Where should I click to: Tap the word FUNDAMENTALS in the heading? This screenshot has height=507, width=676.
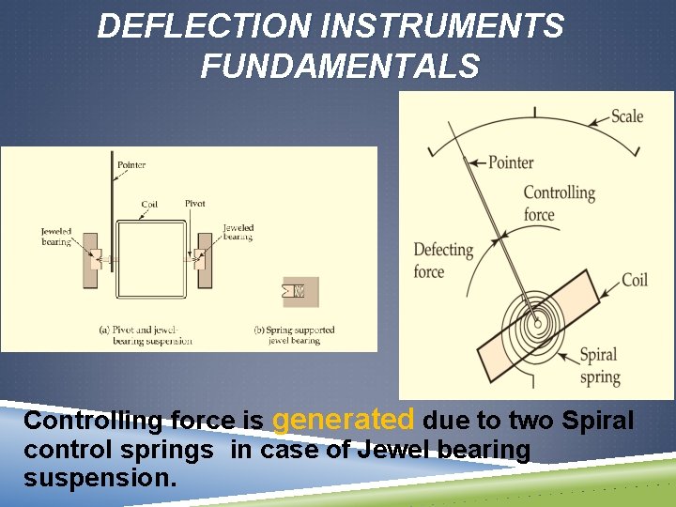pos(340,67)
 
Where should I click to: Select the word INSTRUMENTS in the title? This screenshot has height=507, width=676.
pos(442,26)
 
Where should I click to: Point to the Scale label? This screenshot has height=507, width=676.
pos(627,116)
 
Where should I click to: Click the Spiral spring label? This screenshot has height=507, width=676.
pos(599,366)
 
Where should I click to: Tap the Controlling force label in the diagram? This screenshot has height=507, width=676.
pos(559,204)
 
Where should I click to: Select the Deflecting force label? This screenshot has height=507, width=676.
pos(443,260)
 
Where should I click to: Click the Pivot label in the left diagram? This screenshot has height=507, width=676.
pos(195,204)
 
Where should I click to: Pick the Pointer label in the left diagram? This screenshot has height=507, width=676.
pos(131,165)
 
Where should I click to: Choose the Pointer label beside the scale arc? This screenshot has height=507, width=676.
pos(511,162)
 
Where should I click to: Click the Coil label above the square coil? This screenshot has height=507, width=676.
pos(149,205)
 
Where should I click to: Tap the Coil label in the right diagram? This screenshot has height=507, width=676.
pos(635,280)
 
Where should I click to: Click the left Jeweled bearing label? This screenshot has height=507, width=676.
pos(56,235)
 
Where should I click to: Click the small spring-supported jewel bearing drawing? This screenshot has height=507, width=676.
pos(300,291)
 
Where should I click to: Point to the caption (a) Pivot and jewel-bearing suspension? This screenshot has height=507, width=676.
pos(146,335)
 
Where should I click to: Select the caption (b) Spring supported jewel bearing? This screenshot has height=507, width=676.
pos(294,335)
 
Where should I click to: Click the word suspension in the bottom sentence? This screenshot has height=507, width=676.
pos(100,478)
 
